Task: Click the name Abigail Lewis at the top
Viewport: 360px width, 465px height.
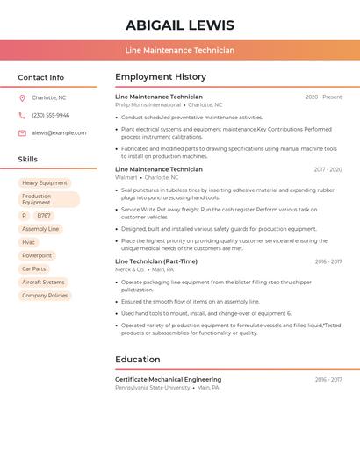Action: (180, 25)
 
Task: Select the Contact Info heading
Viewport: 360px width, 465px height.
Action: (41, 77)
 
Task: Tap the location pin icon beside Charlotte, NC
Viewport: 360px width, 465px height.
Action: (22, 97)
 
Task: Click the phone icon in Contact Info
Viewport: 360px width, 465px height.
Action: (22, 115)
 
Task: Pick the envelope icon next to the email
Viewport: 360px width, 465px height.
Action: (22, 132)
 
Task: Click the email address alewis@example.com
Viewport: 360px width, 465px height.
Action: (59, 132)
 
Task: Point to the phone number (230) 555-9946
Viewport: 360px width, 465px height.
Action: (50, 115)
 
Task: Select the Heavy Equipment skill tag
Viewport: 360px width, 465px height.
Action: (45, 182)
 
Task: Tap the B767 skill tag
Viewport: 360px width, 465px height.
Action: (44, 215)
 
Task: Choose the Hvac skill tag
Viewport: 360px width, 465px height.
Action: (29, 242)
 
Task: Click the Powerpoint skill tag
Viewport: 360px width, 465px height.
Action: (37, 255)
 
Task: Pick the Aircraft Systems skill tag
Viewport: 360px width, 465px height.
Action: (43, 283)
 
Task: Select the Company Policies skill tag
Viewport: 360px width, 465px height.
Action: (45, 296)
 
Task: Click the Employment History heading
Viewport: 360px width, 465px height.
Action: (161, 77)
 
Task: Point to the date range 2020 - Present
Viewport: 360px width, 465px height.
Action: (323, 97)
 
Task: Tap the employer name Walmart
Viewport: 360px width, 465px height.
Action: (126, 177)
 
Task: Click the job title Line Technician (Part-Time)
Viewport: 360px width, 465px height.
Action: (156, 261)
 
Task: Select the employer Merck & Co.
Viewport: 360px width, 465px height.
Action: (129, 269)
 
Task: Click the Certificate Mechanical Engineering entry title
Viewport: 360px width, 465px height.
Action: (168, 379)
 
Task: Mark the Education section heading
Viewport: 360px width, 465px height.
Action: (138, 360)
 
